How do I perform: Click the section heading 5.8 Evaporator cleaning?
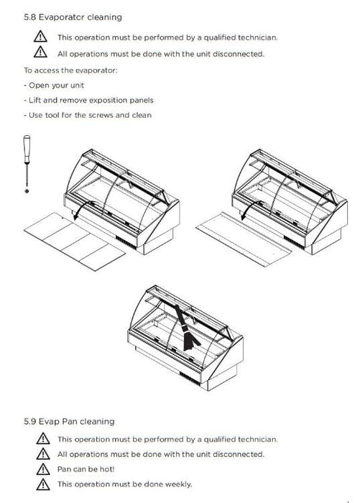(73, 17)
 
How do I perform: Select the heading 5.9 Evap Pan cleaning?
(69, 421)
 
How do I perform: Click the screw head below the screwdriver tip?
(27, 191)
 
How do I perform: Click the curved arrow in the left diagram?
(83, 207)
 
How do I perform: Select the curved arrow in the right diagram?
(251, 207)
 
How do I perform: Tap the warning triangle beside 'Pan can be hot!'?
(43, 469)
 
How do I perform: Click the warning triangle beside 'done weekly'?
(43, 484)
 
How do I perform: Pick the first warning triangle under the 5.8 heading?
(40, 37)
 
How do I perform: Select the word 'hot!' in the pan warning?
(107, 469)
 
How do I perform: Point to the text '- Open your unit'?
(54, 86)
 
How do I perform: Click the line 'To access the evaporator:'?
(70, 70)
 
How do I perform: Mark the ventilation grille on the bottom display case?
(190, 378)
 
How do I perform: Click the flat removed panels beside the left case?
(75, 241)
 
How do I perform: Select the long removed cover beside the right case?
(244, 239)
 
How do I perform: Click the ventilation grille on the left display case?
(126, 242)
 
